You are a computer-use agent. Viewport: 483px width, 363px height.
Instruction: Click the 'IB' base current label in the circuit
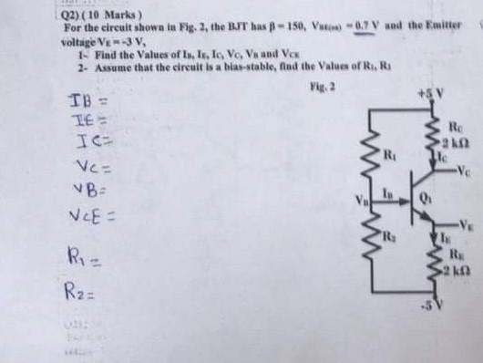387,190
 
